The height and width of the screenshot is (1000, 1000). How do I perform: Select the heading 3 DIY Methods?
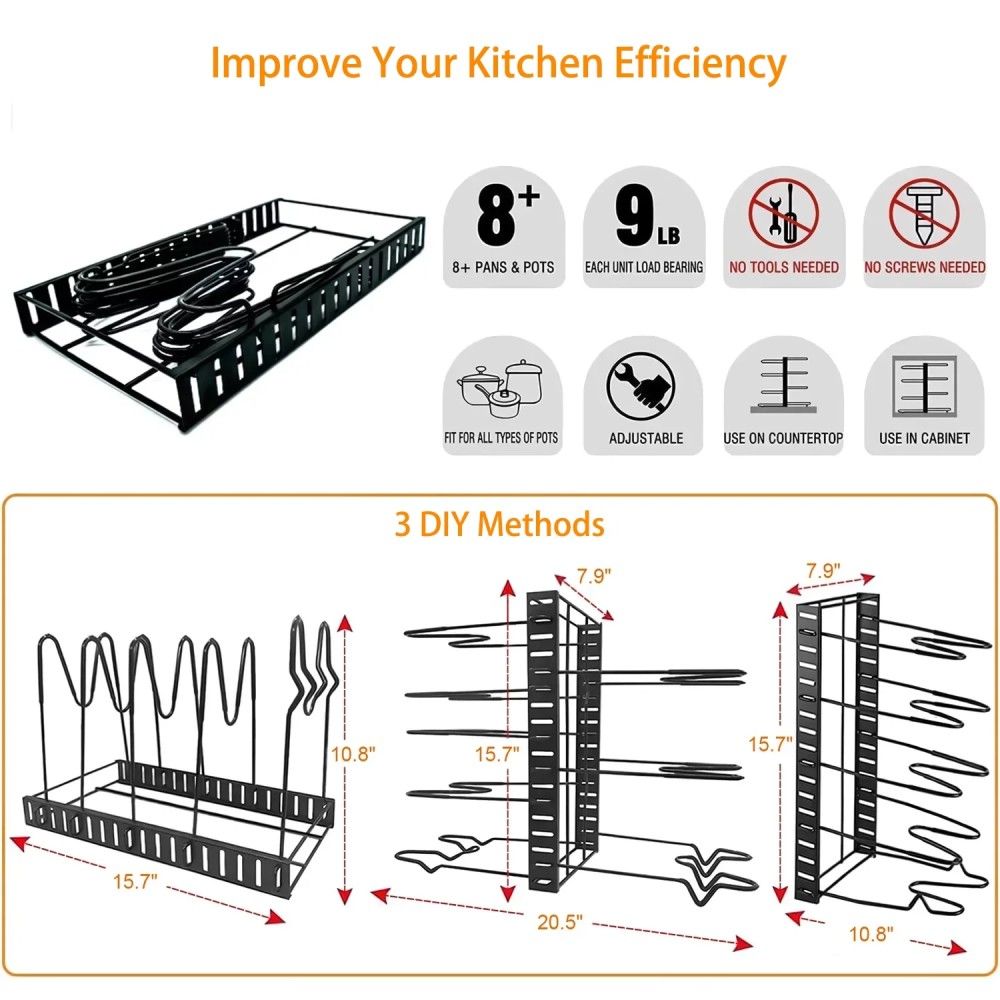(x=499, y=524)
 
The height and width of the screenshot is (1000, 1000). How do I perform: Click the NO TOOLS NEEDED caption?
(x=784, y=267)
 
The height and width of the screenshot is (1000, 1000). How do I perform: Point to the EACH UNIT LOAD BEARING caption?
(x=643, y=267)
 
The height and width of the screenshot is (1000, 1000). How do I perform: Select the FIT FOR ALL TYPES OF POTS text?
(x=500, y=438)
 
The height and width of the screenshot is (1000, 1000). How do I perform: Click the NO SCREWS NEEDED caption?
(x=924, y=267)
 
